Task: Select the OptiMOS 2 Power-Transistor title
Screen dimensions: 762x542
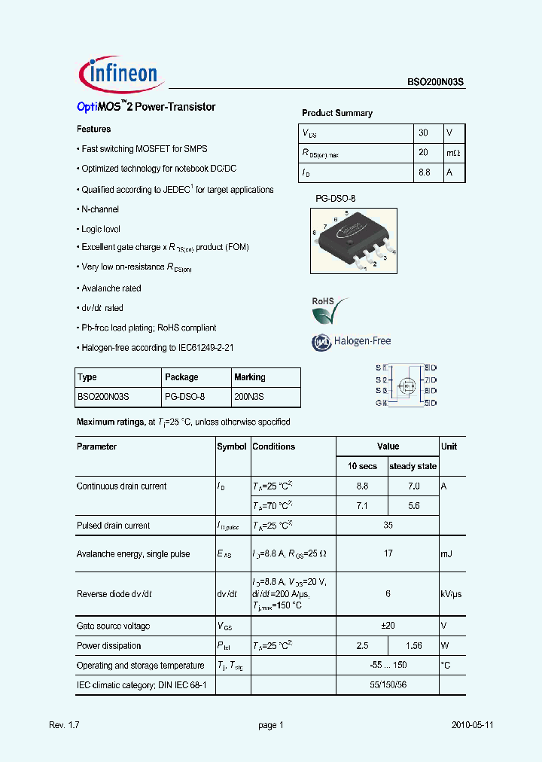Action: click(146, 107)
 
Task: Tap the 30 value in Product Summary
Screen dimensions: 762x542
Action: click(424, 133)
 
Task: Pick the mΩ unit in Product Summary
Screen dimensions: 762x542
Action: click(453, 152)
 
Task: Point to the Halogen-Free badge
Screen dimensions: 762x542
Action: click(352, 342)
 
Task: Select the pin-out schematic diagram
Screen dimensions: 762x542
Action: click(406, 386)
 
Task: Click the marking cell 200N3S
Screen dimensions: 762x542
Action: click(249, 396)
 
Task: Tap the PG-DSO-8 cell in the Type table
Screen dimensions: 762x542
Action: click(184, 396)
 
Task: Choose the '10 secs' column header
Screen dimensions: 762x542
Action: click(362, 466)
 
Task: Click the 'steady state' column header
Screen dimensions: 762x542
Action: click(413, 466)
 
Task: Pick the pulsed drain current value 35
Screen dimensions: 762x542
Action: click(388, 526)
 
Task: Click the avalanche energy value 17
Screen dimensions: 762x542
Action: click(388, 554)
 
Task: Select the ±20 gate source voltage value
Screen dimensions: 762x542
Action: click(388, 626)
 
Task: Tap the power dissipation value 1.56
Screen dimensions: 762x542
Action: click(413, 646)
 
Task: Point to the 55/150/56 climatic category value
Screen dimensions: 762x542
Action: click(388, 685)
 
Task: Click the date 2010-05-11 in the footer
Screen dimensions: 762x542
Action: click(473, 725)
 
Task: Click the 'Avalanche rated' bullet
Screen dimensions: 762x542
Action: click(111, 288)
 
